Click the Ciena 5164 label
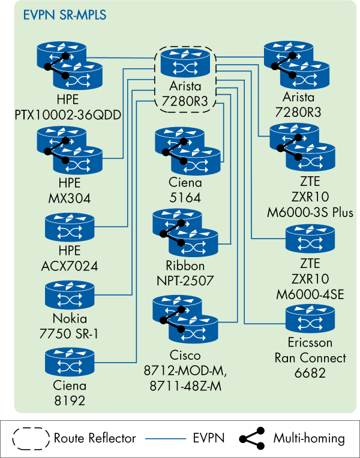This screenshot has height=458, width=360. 185,190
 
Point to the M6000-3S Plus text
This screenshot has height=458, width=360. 310,212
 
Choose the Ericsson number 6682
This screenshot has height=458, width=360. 310,373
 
